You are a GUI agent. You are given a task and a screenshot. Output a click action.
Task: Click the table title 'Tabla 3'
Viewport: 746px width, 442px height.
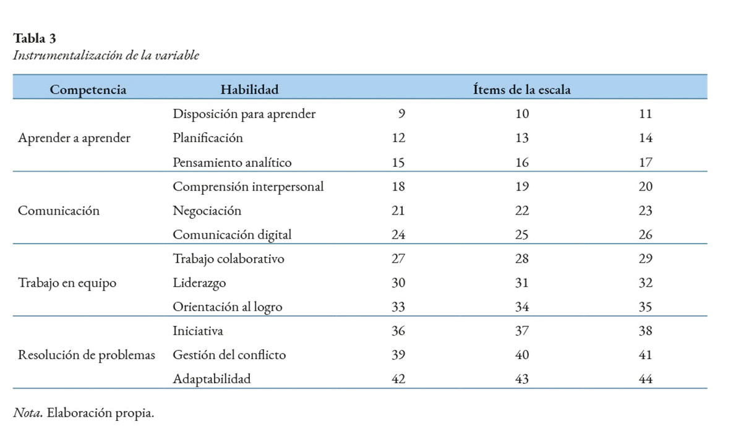pos(34,38)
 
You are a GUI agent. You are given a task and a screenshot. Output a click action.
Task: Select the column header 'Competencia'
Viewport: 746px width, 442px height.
pos(88,90)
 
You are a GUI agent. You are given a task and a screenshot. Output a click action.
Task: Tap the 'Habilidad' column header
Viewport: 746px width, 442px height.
pos(249,90)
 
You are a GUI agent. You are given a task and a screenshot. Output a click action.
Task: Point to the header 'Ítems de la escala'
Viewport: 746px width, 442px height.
pos(522,89)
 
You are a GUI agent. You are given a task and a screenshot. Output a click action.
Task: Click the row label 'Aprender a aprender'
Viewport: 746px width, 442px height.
pos(74,138)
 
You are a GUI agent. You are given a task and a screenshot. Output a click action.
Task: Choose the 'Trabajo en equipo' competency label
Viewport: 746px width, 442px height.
pos(67,283)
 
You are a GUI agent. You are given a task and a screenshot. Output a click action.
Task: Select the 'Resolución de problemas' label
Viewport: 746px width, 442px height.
pos(86,355)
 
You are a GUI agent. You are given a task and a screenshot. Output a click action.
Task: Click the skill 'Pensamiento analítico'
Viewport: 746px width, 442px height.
pos(232,163)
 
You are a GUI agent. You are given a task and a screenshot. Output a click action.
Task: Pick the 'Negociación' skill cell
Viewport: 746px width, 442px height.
pos(207,211)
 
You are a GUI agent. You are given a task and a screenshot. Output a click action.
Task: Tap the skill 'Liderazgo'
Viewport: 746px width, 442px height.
pos(199,283)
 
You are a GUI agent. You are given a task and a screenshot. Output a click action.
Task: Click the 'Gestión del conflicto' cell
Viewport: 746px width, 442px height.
pos(229,355)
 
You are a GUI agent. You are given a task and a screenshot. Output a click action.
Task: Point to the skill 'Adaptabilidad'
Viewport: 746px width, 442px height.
pos(212,379)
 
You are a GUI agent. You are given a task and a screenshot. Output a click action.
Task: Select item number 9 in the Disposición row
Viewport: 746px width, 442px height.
pos(401,114)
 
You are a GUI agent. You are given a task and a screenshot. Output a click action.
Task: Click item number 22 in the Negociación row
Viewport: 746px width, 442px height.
pos(522,211)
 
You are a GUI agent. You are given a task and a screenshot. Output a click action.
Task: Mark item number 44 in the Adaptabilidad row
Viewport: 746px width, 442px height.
pos(645,379)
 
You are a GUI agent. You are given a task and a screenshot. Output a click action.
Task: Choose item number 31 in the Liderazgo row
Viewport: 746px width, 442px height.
pos(522,283)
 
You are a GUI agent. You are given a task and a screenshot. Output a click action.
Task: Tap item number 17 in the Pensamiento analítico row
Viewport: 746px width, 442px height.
pos(645,163)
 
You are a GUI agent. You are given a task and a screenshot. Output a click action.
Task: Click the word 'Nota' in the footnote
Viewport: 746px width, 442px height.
pos(28,413)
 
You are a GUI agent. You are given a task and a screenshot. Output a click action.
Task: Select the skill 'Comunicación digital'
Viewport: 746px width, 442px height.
pos(232,235)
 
